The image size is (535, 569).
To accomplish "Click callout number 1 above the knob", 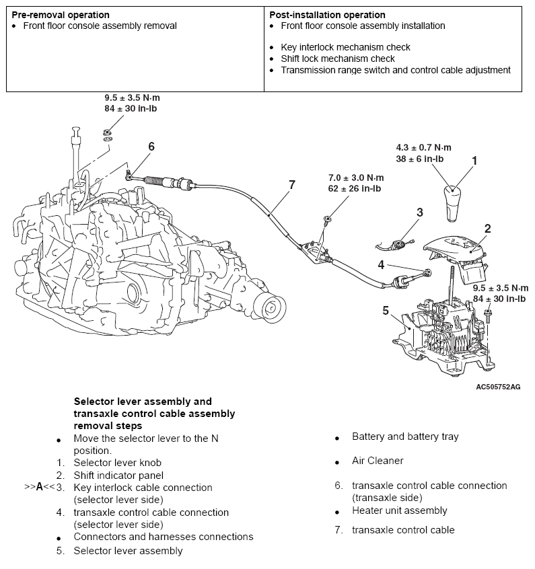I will [474, 161].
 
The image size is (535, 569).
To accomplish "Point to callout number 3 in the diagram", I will [419, 213].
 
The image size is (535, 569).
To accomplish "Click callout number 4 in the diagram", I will [381, 264].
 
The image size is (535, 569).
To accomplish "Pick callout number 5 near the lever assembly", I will [386, 310].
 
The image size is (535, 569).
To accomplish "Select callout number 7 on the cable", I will [291, 184].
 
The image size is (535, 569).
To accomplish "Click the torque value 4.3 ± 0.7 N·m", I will [423, 147].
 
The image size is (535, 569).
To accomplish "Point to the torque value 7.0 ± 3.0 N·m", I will [355, 178].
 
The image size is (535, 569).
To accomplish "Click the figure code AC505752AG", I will [498, 387].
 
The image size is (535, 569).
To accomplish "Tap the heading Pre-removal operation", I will [61, 14].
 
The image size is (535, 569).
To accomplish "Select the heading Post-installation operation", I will [327, 14].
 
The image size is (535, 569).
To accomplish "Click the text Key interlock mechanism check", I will [345, 47].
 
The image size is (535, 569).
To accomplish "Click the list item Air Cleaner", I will [378, 461].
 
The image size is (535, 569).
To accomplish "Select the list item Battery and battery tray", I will [405, 437].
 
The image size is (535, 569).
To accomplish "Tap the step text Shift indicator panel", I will [118, 475].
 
